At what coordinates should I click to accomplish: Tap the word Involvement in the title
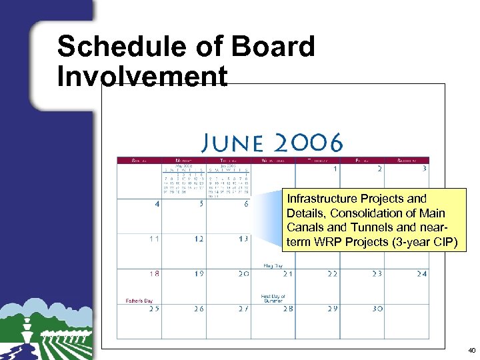142,76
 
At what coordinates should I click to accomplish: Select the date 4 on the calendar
157,204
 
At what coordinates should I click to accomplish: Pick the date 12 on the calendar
199,239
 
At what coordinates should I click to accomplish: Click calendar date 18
155,273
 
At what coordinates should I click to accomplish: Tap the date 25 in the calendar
154,309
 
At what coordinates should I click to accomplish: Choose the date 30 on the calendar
378,309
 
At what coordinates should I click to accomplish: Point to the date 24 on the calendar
421,273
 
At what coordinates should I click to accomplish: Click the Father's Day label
140,301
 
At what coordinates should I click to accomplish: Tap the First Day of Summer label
273,298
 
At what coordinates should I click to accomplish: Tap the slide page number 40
471,350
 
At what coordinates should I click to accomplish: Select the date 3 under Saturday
424,169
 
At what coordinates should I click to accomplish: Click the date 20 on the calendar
243,273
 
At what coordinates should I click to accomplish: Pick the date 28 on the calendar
288,309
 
